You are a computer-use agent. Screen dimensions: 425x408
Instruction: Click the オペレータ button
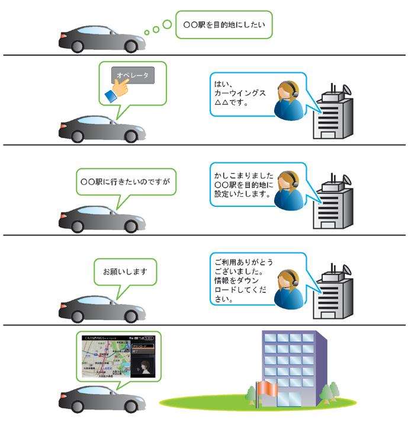[x=133, y=75]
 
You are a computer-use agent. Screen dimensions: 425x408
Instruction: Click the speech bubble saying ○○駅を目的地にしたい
[x=224, y=25]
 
